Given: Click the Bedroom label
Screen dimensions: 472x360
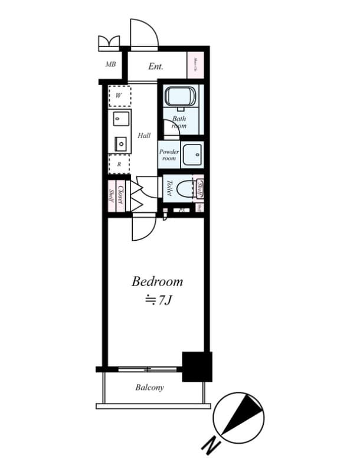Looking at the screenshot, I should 157,281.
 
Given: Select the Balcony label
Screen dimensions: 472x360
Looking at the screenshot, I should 149,388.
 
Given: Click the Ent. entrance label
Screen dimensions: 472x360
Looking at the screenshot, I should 156,67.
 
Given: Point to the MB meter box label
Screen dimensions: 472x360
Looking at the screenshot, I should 110,64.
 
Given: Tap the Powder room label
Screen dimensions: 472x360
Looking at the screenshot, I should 169,155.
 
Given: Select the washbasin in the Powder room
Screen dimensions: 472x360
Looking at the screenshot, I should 192,155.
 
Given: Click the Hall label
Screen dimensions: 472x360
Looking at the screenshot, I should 144,135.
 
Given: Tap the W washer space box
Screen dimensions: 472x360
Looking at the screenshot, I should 119,95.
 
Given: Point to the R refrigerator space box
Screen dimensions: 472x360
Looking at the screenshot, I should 119,164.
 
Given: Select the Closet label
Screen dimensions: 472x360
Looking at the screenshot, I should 120,195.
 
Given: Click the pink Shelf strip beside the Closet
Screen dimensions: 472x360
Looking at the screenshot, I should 110,195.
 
